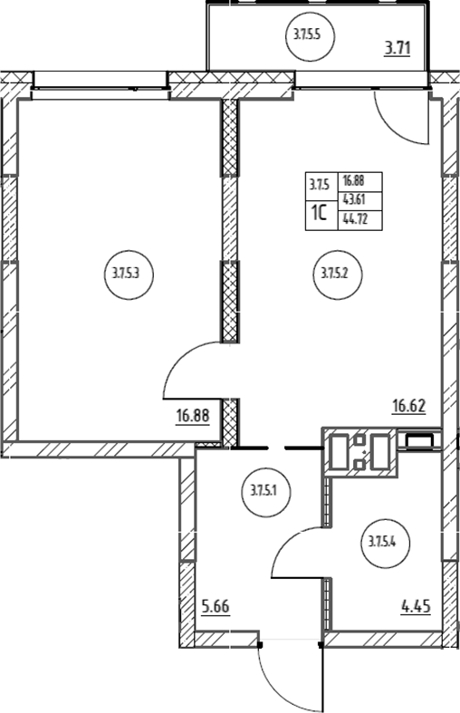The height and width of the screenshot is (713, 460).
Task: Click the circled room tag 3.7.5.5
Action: click(311, 35)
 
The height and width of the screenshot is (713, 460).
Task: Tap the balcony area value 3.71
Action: click(398, 48)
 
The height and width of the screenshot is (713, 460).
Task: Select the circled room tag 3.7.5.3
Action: click(129, 275)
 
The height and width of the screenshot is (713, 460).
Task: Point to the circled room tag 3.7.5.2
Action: click(338, 275)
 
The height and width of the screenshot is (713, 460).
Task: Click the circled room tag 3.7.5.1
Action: click(266, 492)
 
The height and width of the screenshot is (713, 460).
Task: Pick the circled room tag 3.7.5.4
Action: click(386, 542)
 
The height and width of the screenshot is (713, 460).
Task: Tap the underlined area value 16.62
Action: click(409, 405)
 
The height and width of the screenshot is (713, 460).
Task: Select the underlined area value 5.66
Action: click(216, 607)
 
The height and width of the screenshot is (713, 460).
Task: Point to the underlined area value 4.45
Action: click(416, 606)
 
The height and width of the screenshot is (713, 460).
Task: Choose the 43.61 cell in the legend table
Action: click(360, 200)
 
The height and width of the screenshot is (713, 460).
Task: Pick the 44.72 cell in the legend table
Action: click(360, 220)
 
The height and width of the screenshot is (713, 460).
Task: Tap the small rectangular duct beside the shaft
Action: click(420, 440)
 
